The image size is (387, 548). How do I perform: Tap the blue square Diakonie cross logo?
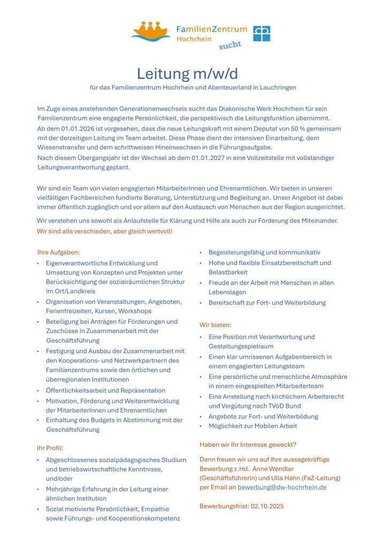[x=261, y=33]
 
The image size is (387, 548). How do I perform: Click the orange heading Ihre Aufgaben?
[x=58, y=251]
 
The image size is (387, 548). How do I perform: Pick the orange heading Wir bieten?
[x=215, y=324]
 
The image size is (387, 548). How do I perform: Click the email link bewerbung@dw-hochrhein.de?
[x=282, y=487]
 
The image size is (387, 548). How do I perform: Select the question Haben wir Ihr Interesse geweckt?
[x=247, y=445]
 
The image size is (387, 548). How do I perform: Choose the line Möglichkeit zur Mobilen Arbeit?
[x=253, y=426]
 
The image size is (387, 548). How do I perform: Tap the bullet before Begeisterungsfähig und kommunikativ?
[x=201, y=253]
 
